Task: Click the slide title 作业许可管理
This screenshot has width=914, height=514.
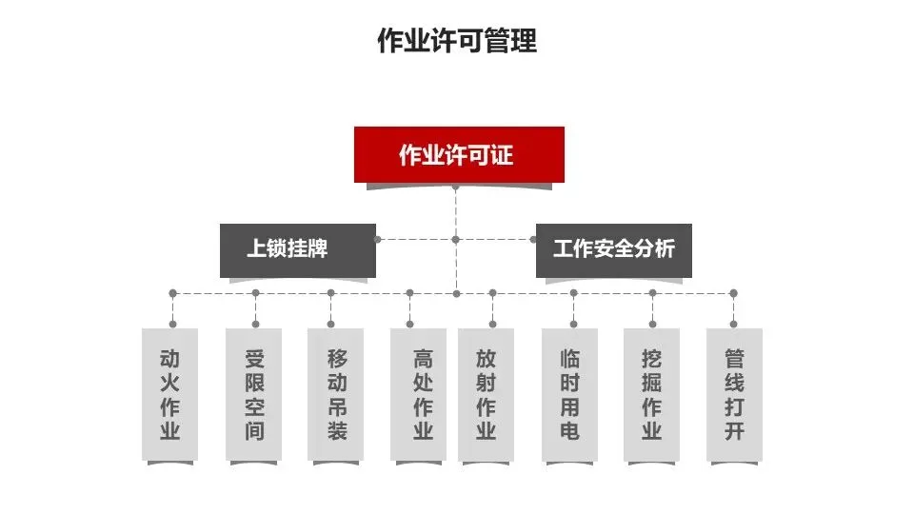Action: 457,41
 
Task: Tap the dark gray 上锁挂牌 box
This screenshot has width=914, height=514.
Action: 297,249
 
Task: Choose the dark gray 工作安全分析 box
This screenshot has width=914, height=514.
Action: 613,249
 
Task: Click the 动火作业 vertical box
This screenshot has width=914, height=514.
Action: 170,395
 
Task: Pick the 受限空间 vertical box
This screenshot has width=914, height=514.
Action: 254,395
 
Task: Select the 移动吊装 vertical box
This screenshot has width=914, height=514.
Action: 336,395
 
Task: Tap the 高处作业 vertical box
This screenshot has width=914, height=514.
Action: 420,395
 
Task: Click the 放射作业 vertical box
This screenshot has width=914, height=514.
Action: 486,395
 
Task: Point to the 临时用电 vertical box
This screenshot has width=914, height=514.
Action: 569,395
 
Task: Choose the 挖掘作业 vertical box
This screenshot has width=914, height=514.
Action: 651,395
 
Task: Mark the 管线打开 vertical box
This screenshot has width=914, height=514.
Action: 734,395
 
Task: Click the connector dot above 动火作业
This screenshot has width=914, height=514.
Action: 172,293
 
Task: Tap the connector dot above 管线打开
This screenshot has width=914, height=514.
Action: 733,293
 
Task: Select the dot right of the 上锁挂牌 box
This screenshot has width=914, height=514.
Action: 378,239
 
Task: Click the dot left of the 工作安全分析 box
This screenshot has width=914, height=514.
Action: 532,239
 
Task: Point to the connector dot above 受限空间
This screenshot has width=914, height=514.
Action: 255,293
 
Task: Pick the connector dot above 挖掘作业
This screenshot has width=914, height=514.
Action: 652,293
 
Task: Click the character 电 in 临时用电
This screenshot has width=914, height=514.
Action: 569,431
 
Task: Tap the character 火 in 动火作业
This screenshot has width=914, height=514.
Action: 170,384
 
